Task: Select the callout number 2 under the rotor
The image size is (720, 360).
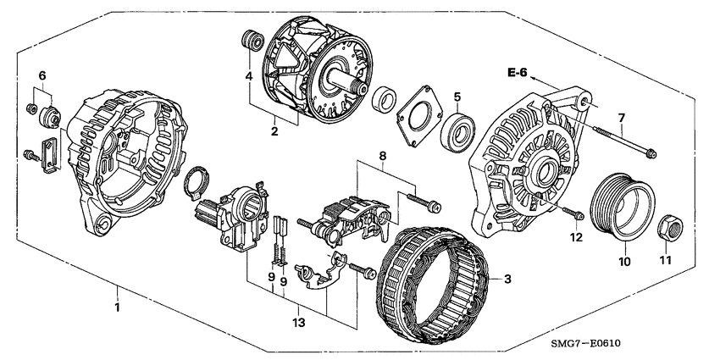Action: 274,131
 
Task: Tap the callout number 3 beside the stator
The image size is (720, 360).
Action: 507,279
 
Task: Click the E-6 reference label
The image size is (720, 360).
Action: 517,74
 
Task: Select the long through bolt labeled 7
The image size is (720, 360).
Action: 623,141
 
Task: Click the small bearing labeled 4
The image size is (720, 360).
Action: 249,42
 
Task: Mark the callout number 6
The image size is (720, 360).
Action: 41,75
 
